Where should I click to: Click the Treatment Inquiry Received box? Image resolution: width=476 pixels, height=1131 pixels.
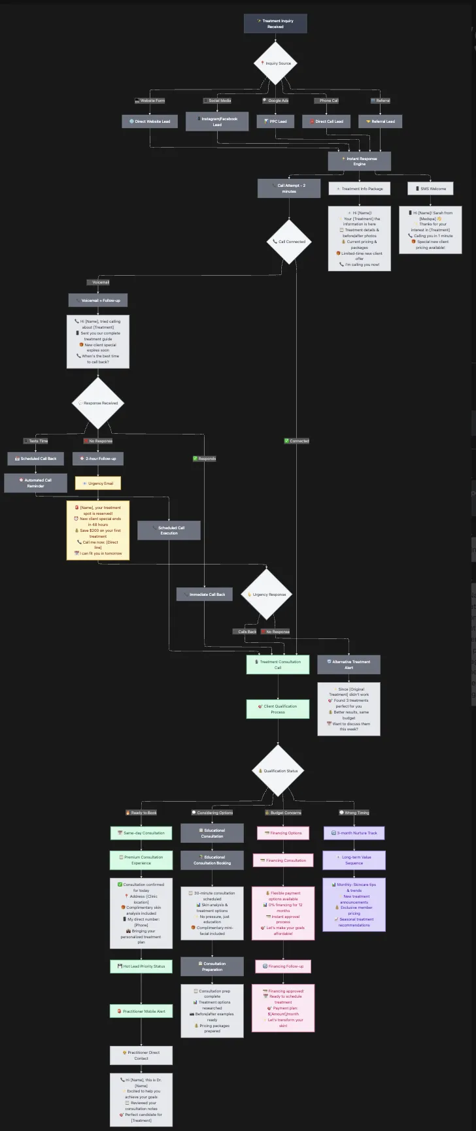(275, 24)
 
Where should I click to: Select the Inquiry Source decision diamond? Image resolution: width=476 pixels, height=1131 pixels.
(275, 63)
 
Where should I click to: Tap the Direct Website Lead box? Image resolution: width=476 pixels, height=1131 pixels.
(150, 122)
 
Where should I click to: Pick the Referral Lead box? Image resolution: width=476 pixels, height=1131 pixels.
(380, 122)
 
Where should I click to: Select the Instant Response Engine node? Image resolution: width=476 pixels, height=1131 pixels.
(360, 161)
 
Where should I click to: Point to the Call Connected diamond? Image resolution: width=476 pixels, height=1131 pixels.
(289, 242)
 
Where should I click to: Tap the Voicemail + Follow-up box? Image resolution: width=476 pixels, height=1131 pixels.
(98, 301)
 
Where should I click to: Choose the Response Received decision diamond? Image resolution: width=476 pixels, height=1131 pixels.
(98, 403)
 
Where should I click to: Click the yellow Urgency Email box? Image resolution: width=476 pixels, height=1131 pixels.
(98, 484)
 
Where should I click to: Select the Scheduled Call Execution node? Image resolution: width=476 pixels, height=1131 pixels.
(169, 530)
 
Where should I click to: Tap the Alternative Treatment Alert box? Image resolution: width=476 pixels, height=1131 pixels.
(348, 664)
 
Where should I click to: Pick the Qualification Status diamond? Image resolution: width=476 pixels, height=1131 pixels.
(278, 771)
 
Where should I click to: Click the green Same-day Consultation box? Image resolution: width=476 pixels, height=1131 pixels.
(141, 833)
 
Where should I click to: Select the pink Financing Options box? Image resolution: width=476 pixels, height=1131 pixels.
(283, 833)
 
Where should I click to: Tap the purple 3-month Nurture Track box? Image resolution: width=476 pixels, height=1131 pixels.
(354, 833)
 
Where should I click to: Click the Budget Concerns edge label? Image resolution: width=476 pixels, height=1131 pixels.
(283, 813)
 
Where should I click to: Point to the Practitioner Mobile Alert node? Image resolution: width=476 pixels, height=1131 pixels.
(141, 1011)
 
